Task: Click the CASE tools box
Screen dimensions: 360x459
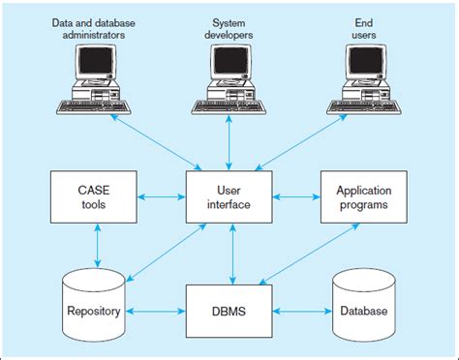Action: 95,197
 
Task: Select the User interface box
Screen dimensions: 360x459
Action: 229,197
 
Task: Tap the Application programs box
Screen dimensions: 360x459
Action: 363,197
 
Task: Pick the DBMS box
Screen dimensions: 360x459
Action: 229,311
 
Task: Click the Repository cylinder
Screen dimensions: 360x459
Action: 95,305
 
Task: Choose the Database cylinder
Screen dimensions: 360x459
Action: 363,305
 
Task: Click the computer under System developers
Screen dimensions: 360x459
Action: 229,78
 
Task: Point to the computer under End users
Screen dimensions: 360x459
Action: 366,78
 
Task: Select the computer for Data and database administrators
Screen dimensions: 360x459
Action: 95,78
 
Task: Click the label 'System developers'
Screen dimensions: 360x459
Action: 229,27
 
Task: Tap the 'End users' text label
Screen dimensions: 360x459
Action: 365,27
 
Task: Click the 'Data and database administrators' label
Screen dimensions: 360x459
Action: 94,27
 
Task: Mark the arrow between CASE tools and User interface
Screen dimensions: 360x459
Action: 161,197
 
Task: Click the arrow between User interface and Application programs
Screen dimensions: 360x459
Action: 296,197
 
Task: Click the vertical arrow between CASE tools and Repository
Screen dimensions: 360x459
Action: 95,246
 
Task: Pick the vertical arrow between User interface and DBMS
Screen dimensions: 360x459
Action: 229,254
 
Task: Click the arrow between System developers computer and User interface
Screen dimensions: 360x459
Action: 229,141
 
